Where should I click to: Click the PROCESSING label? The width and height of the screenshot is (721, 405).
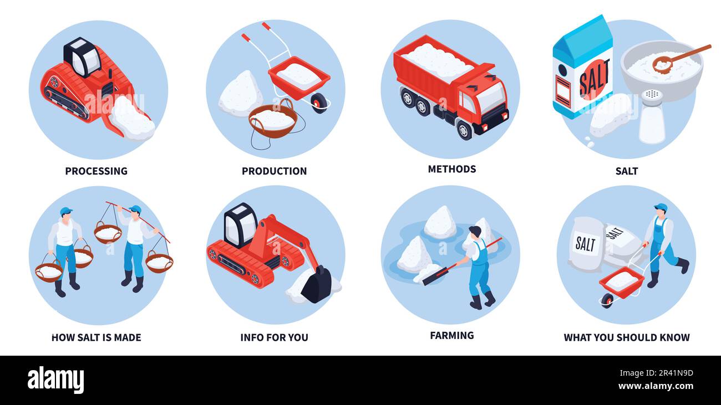[97, 171]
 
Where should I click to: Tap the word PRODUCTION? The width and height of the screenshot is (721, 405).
[274, 171]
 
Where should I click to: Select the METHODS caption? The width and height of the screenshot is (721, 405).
[452, 169]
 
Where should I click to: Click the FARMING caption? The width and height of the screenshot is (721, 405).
[452, 336]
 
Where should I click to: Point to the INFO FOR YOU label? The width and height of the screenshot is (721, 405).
[274, 337]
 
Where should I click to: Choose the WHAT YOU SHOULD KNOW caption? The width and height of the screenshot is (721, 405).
[627, 337]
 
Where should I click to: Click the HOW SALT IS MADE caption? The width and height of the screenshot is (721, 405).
[97, 337]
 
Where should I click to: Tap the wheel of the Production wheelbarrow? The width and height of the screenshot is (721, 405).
[319, 102]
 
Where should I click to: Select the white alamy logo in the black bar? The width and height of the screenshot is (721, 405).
[55, 380]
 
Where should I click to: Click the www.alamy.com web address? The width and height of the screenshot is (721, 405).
[656, 386]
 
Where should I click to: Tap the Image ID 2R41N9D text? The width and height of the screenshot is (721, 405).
[656, 373]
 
